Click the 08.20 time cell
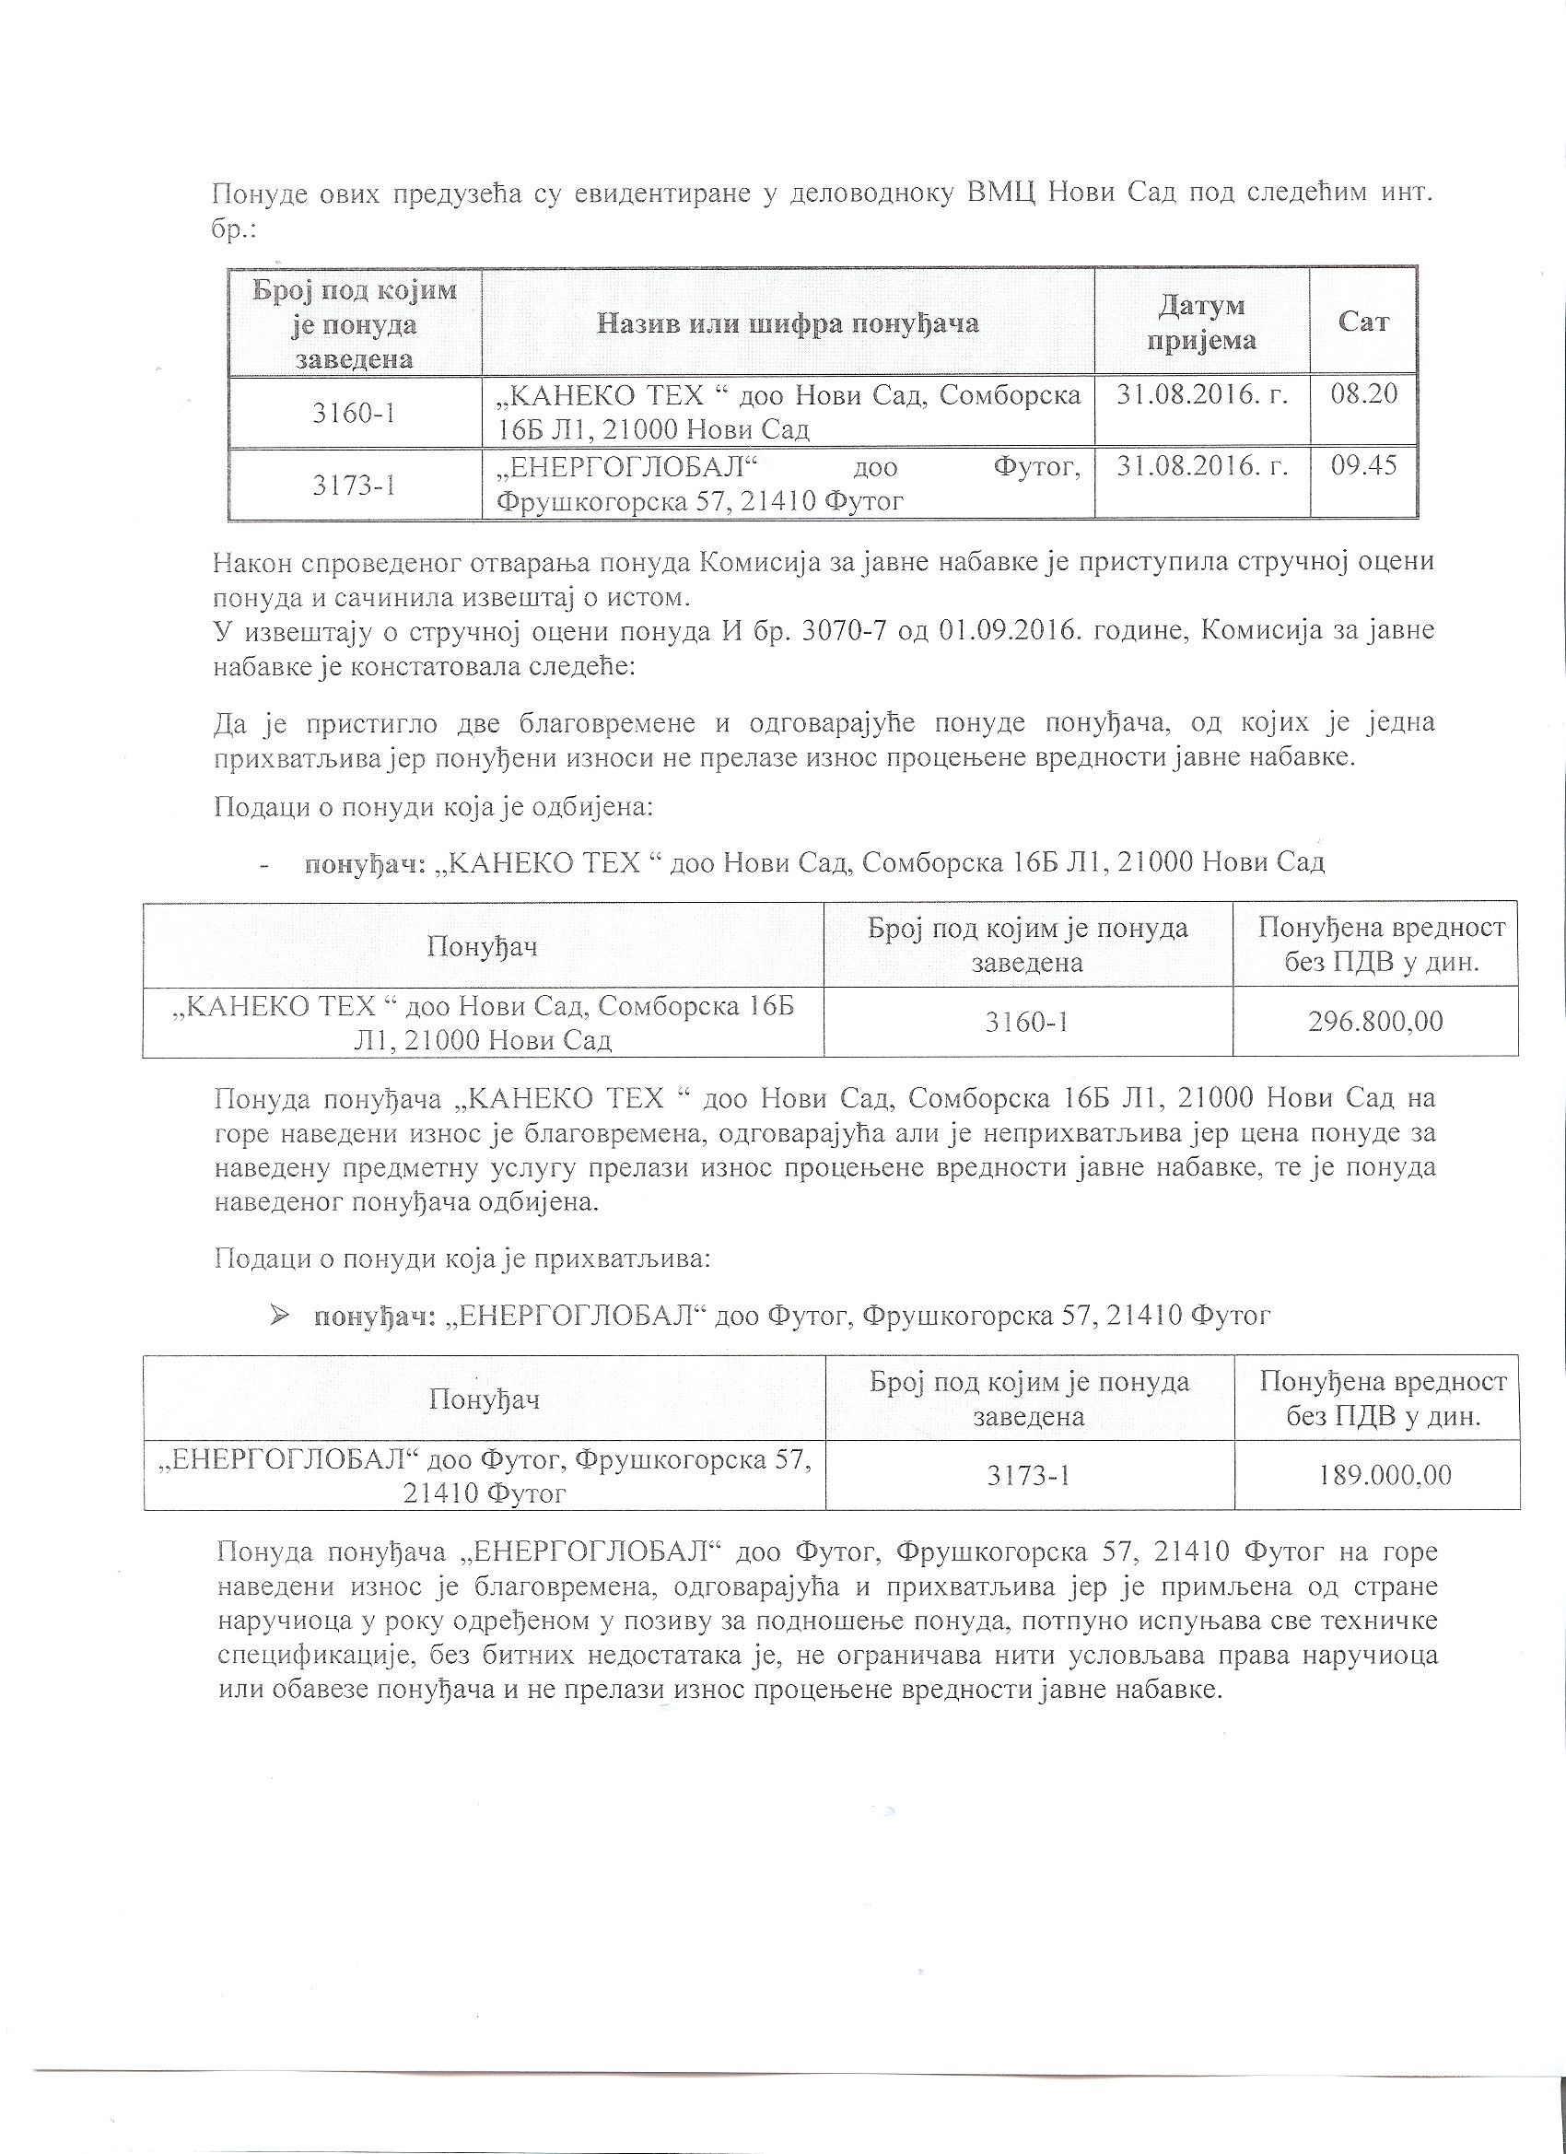point(1363,393)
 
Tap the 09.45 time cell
point(1363,466)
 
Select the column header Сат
point(1363,322)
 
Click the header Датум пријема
point(1201,322)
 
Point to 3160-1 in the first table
point(354,413)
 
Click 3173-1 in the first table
point(354,486)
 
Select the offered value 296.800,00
point(1375,1021)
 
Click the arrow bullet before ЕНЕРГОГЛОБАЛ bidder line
point(280,1315)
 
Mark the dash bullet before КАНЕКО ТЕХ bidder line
point(263,863)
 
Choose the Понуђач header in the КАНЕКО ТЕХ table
point(483,946)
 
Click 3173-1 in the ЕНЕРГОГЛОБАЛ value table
point(1030,1475)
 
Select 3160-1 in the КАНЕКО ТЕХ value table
point(1027,1022)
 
